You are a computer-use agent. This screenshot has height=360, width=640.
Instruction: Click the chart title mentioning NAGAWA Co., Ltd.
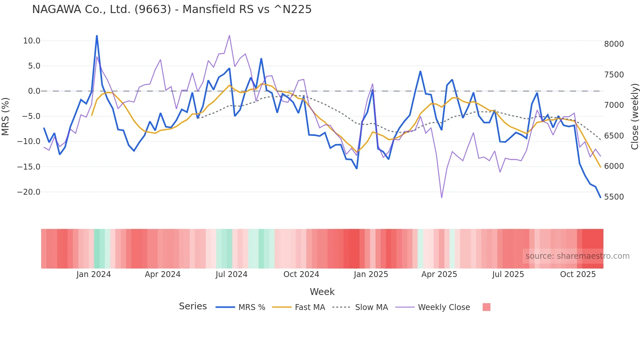[x=172, y=9]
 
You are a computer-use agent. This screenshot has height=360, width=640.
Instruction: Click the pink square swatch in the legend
[x=486, y=307]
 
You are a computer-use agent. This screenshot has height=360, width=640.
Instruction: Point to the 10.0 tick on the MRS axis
[x=32, y=41]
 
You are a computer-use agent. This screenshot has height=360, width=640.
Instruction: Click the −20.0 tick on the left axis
[x=29, y=192]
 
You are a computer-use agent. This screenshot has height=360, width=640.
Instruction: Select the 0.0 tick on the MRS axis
[x=34, y=91]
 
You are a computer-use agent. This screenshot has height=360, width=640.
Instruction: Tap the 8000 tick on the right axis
[x=614, y=44]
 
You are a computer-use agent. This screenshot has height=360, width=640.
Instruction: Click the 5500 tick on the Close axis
[x=614, y=197]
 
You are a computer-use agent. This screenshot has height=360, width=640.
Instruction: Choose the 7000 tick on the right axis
[x=614, y=105]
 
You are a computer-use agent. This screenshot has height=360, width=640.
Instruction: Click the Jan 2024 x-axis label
[x=94, y=274]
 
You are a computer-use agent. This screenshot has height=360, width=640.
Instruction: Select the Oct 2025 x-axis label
[x=578, y=274]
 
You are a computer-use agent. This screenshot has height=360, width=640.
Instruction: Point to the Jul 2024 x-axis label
[x=232, y=274]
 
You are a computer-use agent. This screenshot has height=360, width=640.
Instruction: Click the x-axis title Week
[x=322, y=292]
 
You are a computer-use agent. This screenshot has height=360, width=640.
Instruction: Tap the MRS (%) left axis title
[x=6, y=116]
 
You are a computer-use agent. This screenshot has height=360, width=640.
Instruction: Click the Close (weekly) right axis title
[x=634, y=116]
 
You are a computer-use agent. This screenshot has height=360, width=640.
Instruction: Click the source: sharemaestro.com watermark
[x=577, y=256]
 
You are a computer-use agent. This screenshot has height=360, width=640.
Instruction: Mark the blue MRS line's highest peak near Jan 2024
[x=97, y=36]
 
